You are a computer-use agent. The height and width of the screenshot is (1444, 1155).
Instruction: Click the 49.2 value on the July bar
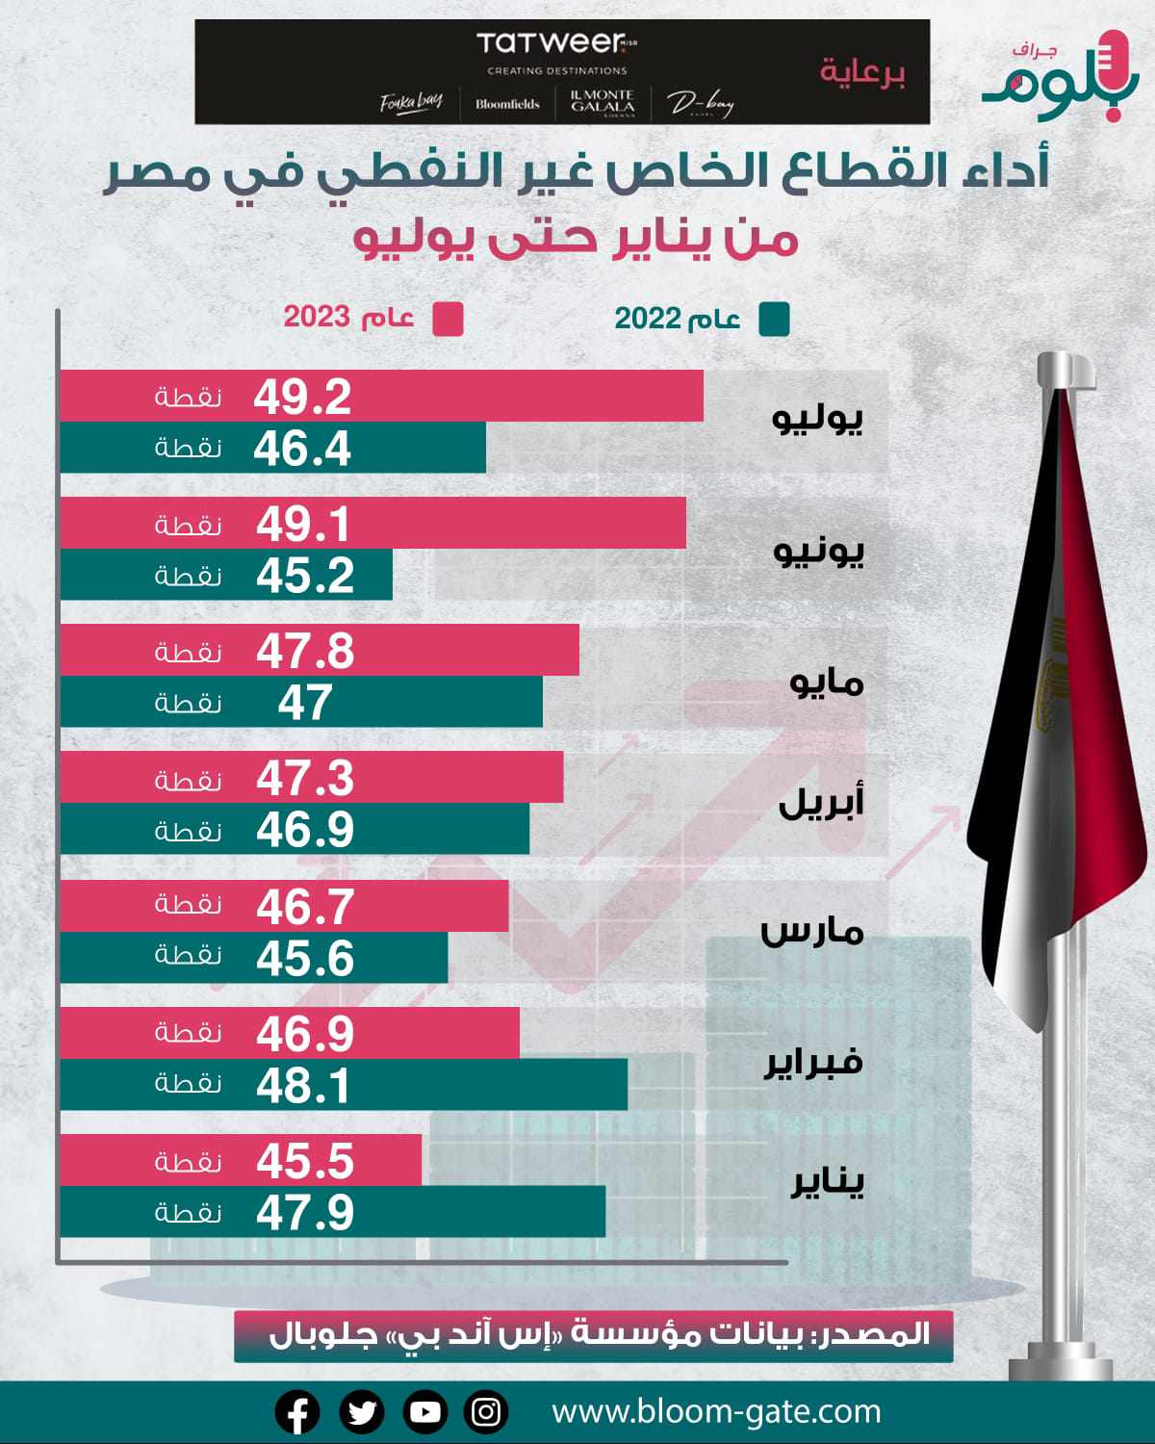click(302, 397)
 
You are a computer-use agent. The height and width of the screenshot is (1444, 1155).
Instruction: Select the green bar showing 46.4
click(272, 448)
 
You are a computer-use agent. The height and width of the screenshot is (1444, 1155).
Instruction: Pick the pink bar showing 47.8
click(319, 651)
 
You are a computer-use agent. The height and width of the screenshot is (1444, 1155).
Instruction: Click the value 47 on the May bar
click(305, 703)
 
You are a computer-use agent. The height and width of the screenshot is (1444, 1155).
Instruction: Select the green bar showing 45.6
click(253, 958)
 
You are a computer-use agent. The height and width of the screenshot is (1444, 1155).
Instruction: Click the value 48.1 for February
click(303, 1085)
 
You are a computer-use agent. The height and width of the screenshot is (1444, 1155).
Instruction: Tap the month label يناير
click(827, 1183)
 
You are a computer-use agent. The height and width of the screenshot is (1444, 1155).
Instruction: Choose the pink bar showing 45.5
click(241, 1160)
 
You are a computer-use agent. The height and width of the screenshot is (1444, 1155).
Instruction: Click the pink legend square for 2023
click(448, 320)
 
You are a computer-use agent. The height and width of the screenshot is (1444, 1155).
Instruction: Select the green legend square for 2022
click(774, 320)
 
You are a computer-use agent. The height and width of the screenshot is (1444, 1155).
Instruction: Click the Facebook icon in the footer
click(297, 1412)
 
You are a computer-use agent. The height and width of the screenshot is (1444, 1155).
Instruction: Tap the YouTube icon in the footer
click(424, 1412)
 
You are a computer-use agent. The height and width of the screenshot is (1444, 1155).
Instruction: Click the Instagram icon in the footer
click(487, 1412)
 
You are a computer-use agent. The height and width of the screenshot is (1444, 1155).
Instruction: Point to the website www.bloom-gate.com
click(716, 1412)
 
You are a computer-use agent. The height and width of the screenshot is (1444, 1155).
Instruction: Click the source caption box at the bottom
click(593, 1335)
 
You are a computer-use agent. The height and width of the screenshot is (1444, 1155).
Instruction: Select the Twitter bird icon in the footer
click(362, 1412)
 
